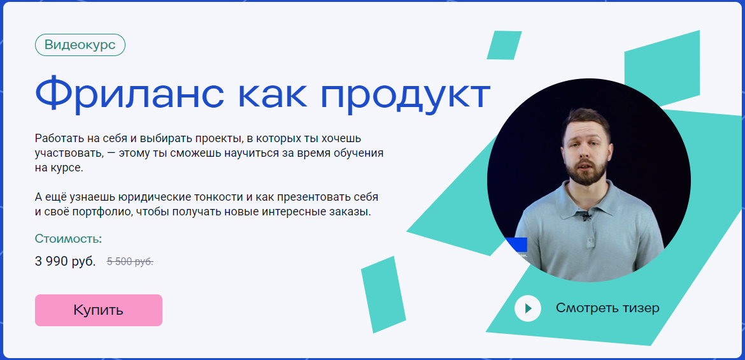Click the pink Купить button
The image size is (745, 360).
tap(98, 310)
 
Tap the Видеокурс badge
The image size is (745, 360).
tap(80, 45)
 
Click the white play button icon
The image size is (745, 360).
tap(527, 308)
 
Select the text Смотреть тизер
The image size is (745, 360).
tap(607, 308)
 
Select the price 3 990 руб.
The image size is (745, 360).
tap(65, 261)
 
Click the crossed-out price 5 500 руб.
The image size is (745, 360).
tap(130, 261)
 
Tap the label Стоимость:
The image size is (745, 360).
tap(68, 239)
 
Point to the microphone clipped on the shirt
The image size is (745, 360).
tap(585, 217)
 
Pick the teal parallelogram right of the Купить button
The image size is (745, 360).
tap(383, 294)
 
